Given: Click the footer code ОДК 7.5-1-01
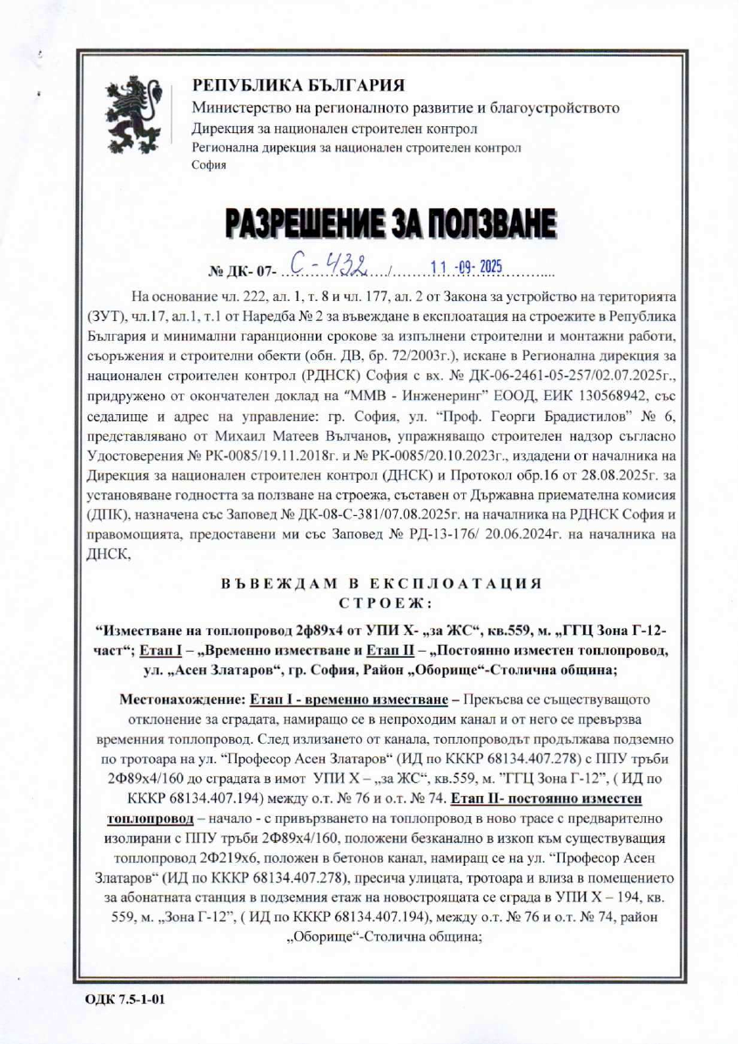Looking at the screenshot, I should pyautogui.click(x=124, y=999).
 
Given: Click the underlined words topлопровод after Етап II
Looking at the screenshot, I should pyautogui.click(x=145, y=820).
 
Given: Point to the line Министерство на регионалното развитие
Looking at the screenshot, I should pyautogui.click(x=406, y=109).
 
